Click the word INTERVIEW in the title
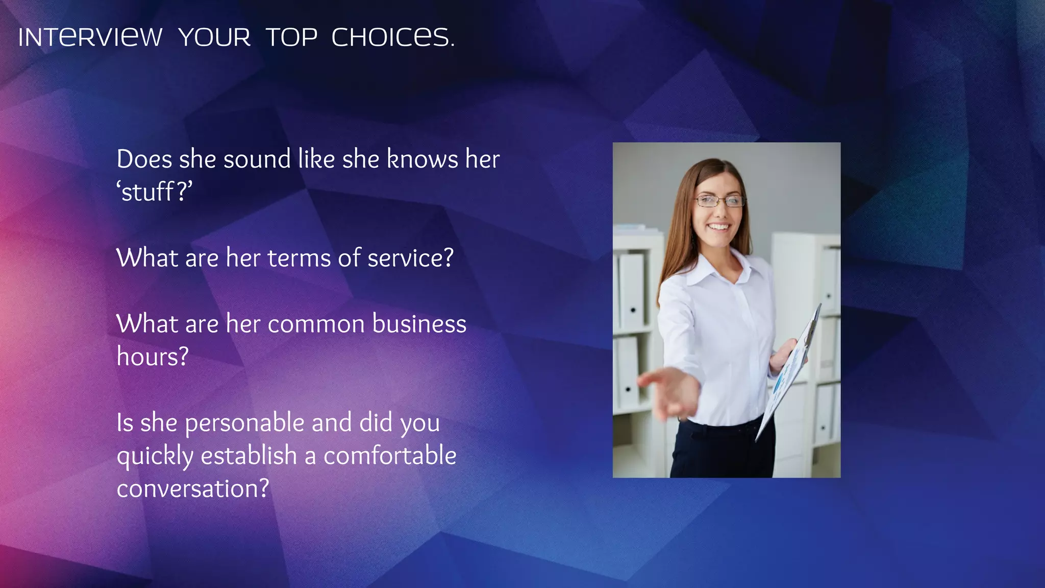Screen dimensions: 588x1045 tap(90, 37)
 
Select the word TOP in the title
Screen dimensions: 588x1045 tap(291, 37)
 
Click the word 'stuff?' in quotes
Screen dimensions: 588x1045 tap(155, 192)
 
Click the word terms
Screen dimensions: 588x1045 tap(299, 258)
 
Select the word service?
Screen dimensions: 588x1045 tap(410, 258)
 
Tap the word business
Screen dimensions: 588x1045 tap(419, 324)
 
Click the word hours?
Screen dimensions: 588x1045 tap(153, 357)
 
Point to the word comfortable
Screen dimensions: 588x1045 tap(390, 456)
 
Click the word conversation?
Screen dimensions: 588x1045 tap(192, 489)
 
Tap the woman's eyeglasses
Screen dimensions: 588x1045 tap(719, 201)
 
